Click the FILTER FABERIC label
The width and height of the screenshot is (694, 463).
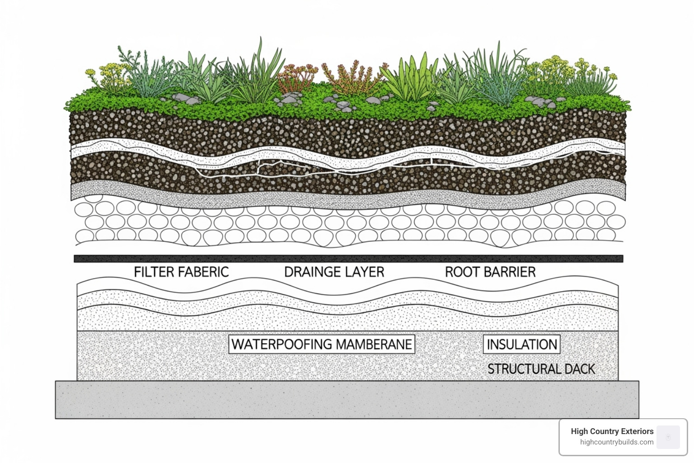181,272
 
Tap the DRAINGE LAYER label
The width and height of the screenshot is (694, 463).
334,272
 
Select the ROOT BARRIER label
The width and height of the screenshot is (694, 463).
490,272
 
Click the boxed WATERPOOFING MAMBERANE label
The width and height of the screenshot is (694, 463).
322,344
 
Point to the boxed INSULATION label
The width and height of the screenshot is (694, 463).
522,344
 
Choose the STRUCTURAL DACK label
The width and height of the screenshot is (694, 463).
541,369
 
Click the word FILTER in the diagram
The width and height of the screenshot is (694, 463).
154,272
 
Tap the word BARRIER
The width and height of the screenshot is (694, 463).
510,272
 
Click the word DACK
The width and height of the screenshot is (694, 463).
580,369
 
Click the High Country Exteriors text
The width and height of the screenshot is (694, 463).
612,431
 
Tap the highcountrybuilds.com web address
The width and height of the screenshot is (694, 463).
617,442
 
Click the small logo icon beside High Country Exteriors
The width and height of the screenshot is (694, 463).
668,437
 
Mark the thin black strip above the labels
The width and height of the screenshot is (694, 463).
348,259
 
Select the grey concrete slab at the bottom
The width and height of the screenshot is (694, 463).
347,400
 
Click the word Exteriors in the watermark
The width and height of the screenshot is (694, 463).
637,431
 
